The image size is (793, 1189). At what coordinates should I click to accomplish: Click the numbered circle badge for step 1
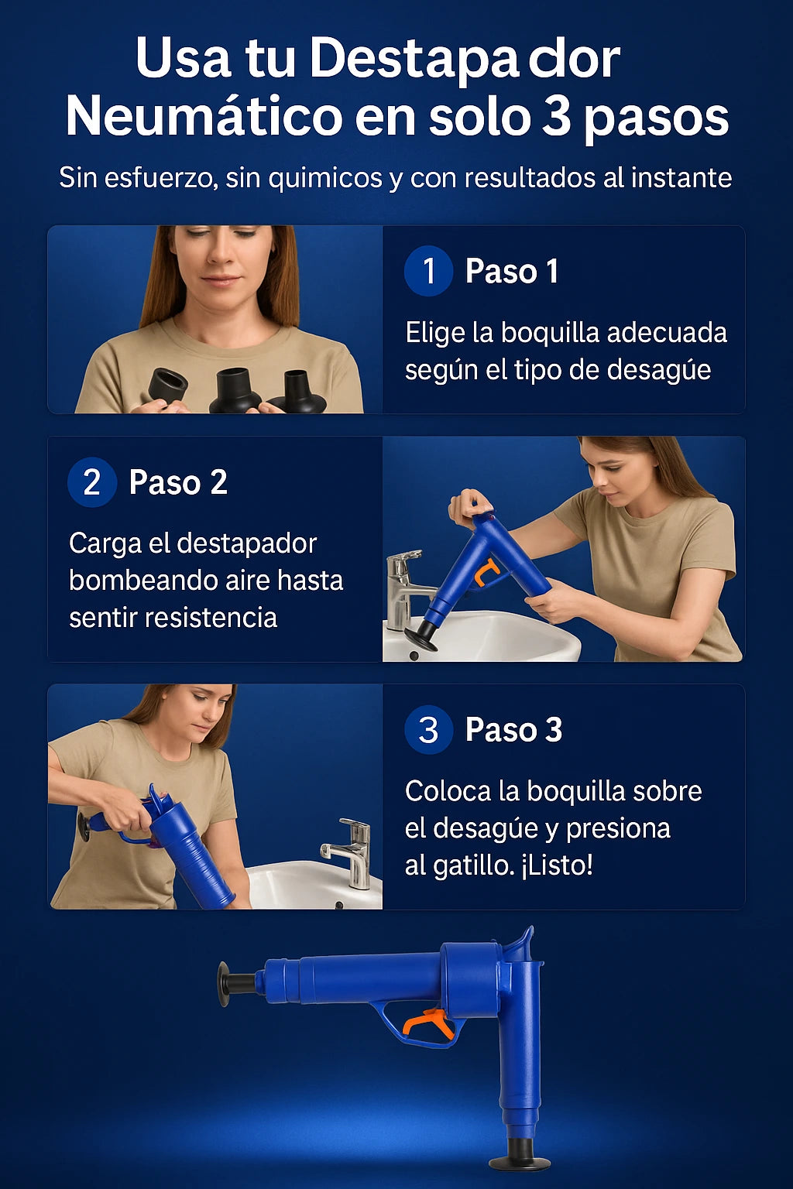click(x=428, y=271)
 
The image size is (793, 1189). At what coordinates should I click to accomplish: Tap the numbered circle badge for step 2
click(x=92, y=482)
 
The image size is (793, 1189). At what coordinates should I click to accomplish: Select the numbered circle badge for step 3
click(x=428, y=729)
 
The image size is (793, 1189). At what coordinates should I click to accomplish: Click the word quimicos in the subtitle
click(x=325, y=178)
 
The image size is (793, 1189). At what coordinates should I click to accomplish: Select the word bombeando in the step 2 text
click(x=136, y=580)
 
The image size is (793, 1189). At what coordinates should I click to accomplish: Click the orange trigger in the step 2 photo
click(x=486, y=574)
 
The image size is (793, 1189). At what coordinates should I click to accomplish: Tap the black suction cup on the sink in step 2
click(x=421, y=636)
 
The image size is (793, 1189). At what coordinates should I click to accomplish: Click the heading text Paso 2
click(x=178, y=482)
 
